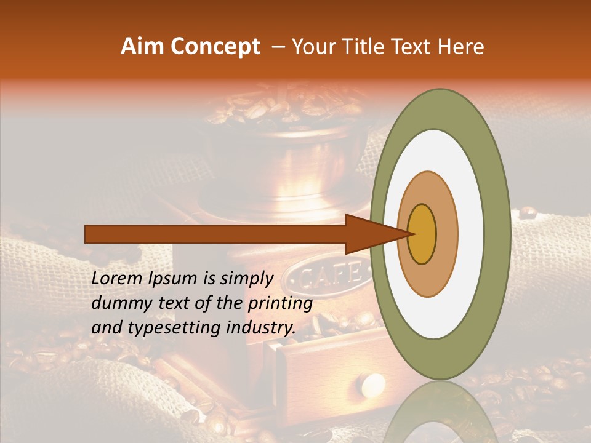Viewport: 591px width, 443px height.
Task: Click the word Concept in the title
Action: point(214,47)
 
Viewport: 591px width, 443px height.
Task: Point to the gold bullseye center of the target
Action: point(422,234)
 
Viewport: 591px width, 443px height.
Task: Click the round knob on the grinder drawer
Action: point(372,385)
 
